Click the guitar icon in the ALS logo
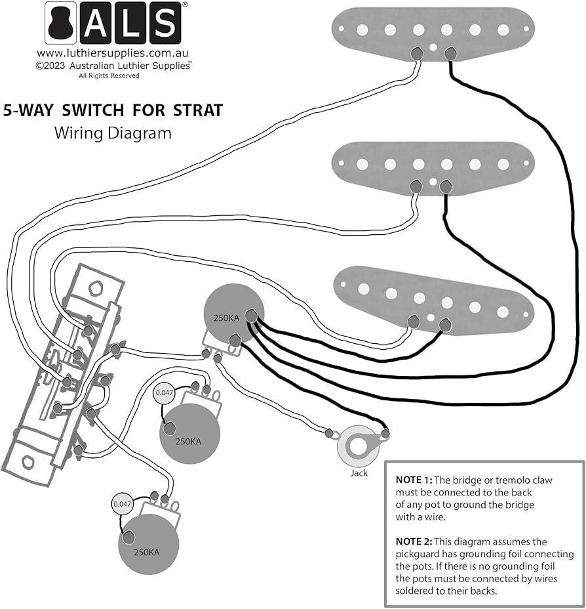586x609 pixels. pos(60,23)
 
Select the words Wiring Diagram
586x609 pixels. pos(113,133)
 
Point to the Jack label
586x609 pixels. pos(359,472)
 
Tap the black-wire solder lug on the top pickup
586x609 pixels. pos(450,53)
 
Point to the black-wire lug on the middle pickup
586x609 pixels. pos(446,187)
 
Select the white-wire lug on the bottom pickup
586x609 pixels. pos(414,322)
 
